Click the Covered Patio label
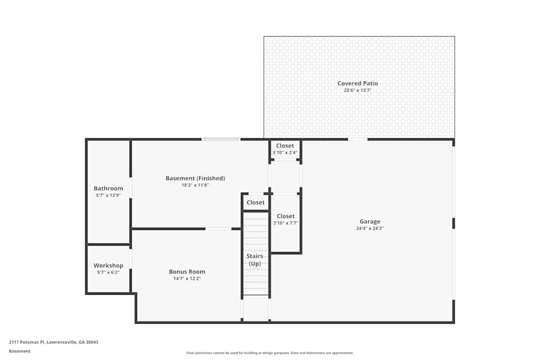tap(357, 83)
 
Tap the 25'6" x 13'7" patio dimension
tap(357, 90)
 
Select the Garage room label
tap(370, 221)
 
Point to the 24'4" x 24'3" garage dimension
tap(370, 228)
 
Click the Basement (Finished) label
tap(195, 178)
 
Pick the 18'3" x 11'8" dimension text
tap(195, 185)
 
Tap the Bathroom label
tap(108, 188)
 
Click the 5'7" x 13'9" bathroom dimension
tap(108, 195)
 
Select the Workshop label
tap(108, 266)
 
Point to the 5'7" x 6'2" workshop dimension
tap(108, 273)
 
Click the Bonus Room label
tap(187, 271)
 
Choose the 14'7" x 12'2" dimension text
tap(187, 279)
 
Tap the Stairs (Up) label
tap(255, 260)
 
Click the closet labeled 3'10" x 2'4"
tap(285, 149)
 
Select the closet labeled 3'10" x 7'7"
tap(286, 219)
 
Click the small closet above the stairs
tap(255, 202)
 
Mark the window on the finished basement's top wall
tap(220, 140)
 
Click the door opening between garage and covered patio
tap(357, 140)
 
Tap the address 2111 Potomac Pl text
tap(53, 342)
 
